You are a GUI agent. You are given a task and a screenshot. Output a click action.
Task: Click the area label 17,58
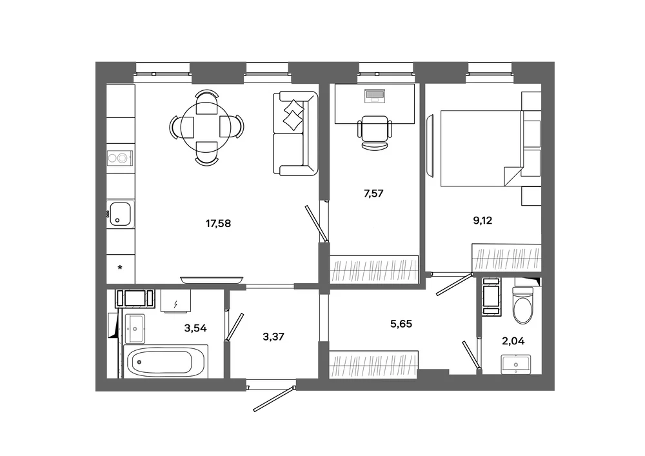click(218, 224)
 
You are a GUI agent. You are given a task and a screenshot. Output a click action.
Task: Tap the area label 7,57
click(373, 193)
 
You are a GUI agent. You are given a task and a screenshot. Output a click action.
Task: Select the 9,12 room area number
click(482, 221)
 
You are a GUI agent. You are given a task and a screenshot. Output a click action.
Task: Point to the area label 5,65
click(401, 324)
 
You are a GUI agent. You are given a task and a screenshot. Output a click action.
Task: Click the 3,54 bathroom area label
click(195, 328)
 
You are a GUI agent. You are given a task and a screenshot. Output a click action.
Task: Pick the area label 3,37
click(273, 337)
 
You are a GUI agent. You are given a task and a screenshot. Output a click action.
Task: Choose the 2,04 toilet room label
click(513, 341)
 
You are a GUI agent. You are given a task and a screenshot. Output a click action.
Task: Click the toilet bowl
click(522, 305)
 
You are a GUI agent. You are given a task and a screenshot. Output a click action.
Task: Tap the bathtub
click(166, 361)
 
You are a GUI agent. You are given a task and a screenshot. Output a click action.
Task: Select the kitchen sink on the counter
click(120, 214)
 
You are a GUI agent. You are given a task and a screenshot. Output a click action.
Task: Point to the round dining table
click(206, 127)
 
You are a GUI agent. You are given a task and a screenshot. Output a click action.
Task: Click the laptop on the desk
click(374, 95)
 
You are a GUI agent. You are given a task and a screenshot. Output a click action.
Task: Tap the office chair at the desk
click(374, 131)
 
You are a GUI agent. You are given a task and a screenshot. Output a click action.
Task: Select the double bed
click(481, 148)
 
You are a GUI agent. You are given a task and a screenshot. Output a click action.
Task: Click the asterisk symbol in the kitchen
click(120, 268)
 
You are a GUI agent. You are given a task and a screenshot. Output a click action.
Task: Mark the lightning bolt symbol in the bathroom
click(175, 304)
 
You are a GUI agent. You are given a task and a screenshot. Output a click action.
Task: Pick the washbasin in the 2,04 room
click(516, 364)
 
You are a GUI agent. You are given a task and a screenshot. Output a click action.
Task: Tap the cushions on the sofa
click(293, 115)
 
